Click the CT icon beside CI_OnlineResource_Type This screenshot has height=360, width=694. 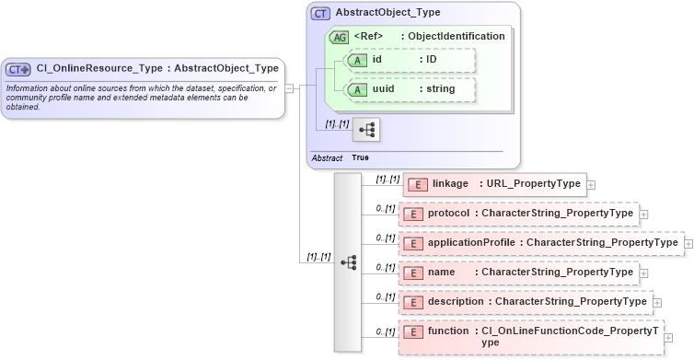point(18,68)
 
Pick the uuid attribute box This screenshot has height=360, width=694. point(408,89)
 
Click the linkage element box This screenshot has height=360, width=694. point(493,184)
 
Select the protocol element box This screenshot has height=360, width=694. point(518,214)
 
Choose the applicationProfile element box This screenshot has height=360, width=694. point(541,243)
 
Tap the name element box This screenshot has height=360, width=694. point(518,273)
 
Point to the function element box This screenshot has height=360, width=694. point(530,336)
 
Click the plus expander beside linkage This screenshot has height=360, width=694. point(591,185)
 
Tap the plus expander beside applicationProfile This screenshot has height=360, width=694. point(688,244)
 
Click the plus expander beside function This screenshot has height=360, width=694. point(668,337)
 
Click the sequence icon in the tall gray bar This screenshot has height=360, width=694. point(348,261)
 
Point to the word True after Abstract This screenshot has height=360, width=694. point(361,158)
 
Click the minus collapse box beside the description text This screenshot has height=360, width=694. point(288,88)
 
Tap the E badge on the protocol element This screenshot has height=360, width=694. point(414,214)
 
